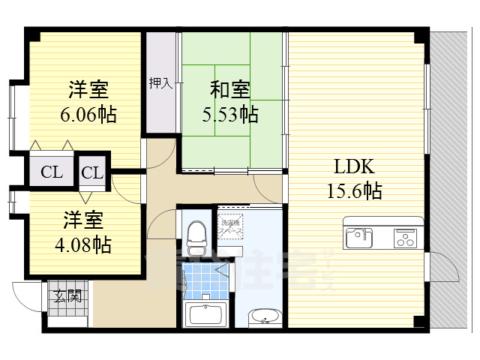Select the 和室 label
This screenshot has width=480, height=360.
229,90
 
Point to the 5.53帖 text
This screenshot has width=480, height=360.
231,115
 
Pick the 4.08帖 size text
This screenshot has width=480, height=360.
82,244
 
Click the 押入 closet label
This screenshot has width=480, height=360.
160,82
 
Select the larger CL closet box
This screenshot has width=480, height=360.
52,172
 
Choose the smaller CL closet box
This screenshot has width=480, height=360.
92,172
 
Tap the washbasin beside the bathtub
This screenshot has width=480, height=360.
263,317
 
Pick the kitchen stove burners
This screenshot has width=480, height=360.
405,239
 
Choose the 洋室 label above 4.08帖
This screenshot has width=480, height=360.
82,220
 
